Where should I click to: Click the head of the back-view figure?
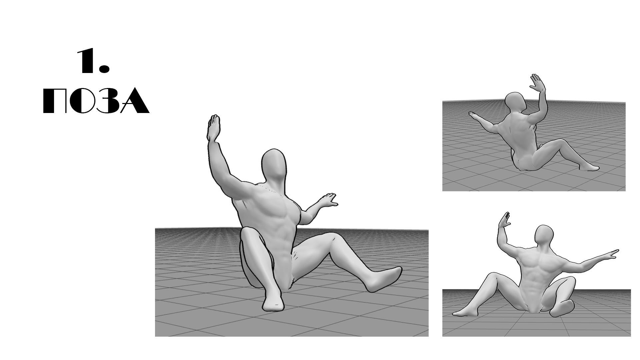click(515, 101)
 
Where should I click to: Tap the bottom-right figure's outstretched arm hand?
click(611, 255)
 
